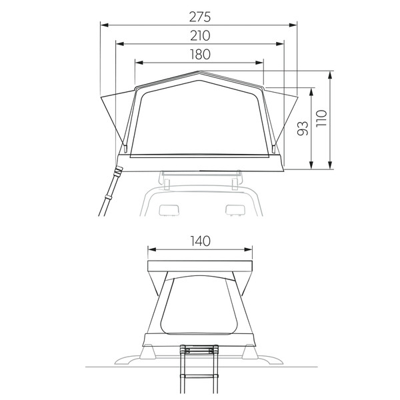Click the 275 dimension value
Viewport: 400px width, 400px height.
(200, 17)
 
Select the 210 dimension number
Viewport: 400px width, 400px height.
(200, 36)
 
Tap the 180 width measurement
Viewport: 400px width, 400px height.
(200, 55)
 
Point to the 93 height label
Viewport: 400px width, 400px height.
(303, 128)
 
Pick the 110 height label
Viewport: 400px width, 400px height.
(321, 118)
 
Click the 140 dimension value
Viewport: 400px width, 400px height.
(201, 241)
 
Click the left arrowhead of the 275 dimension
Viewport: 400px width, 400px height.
(105, 25)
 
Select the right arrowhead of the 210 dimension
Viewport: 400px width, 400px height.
(279, 44)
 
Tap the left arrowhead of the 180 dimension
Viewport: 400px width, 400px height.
(139, 63)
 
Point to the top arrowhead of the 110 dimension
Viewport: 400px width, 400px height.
(330, 75)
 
